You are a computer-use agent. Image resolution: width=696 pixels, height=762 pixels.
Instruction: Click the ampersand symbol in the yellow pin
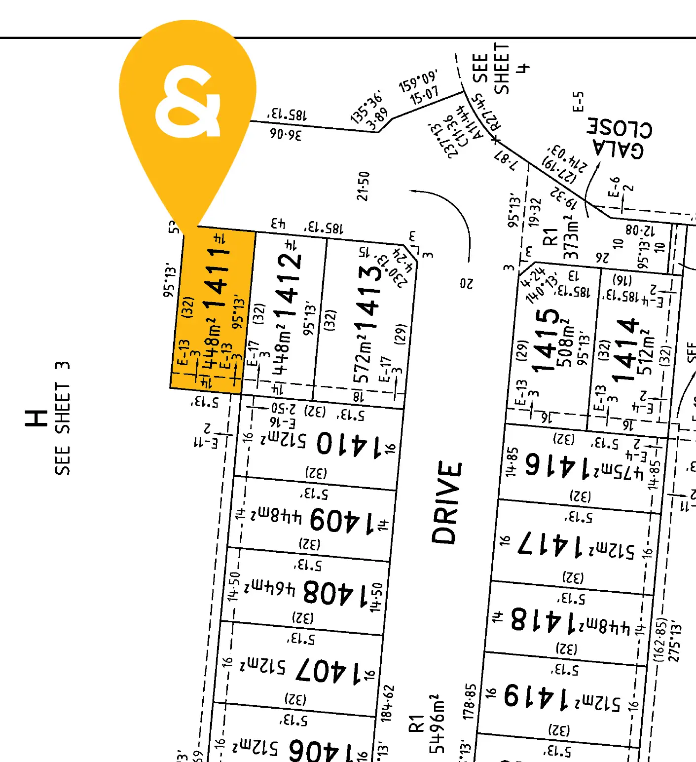188,102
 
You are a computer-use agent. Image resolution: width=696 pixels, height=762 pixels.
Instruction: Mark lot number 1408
336,592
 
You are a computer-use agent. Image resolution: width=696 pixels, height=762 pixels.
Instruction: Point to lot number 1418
543,620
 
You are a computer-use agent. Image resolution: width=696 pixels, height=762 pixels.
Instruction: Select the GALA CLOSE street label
619,138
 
